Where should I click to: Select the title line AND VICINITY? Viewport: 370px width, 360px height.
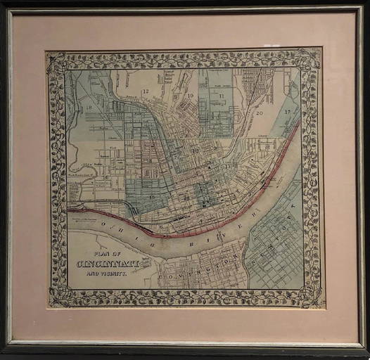[109, 273]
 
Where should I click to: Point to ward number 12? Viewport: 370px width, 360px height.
[146, 92]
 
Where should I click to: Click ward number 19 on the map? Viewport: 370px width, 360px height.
[191, 96]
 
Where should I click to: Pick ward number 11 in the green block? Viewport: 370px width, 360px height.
[221, 96]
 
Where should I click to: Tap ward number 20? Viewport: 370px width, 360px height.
[260, 112]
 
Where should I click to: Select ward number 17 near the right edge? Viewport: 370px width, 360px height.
[287, 112]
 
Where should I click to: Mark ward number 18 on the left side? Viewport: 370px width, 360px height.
[89, 108]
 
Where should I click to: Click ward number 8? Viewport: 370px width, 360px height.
[150, 160]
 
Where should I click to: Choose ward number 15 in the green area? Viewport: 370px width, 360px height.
[151, 196]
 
